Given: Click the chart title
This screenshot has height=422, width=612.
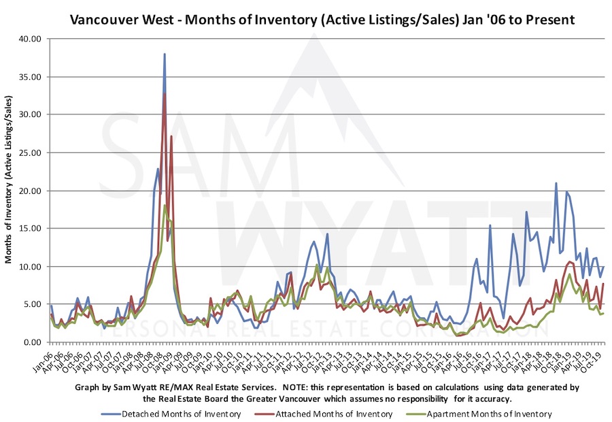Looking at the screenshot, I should tap(323, 20).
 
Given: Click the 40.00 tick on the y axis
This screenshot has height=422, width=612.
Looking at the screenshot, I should tap(31, 39).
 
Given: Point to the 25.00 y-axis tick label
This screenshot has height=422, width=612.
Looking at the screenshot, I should tap(31, 152).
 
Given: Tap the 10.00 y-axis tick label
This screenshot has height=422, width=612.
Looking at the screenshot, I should tap(31, 266).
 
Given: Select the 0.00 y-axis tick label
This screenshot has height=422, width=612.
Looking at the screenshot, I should tap(33, 342).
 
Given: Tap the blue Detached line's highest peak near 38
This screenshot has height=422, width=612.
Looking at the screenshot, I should tap(165, 54).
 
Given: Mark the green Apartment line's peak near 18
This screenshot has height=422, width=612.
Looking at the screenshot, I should tap(165, 205).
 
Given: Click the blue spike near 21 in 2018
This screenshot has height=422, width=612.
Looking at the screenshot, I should tap(556, 183).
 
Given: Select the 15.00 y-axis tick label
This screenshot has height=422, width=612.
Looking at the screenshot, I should tap(31, 229).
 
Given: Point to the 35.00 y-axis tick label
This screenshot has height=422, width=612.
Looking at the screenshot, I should tap(31, 77).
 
